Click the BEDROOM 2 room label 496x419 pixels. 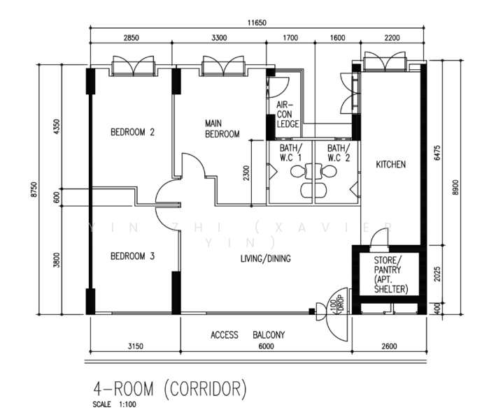(x=132, y=132)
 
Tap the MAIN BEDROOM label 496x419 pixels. (x=222, y=128)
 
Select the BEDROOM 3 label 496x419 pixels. (x=132, y=256)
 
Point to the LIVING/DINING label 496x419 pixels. (x=265, y=258)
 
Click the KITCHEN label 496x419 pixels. (x=390, y=164)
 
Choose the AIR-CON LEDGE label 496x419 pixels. (x=288, y=115)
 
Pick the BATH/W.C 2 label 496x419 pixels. (x=339, y=153)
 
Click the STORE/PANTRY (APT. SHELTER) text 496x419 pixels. (x=391, y=274)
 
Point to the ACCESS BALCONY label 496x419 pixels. (x=248, y=335)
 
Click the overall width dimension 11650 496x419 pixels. (x=257, y=23)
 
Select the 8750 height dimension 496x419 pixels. (x=34, y=189)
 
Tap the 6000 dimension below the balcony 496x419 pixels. (x=267, y=346)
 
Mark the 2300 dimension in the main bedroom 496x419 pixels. (x=246, y=173)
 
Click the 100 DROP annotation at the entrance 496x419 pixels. (x=336, y=304)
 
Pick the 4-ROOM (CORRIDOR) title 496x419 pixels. (x=169, y=389)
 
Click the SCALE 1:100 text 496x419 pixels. (x=114, y=404)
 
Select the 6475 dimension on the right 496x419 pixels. (x=437, y=153)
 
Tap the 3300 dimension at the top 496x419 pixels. (x=219, y=38)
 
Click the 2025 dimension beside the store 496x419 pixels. (x=437, y=274)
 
